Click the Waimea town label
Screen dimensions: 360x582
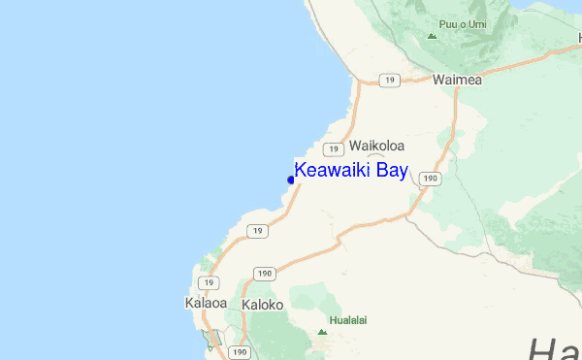457,80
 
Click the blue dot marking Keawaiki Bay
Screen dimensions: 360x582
291,180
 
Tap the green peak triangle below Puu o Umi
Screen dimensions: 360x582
432,36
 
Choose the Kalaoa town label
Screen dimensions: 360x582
205,304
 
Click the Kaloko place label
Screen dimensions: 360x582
262,304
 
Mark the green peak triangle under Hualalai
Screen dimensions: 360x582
322,332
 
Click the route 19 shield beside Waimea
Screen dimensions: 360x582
388,81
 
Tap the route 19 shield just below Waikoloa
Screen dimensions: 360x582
333,148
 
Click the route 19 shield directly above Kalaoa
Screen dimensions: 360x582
209,282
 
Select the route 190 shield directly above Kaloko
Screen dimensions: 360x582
264,276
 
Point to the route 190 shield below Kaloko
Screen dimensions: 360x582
241,351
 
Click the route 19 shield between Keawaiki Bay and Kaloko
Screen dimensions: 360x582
256,231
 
